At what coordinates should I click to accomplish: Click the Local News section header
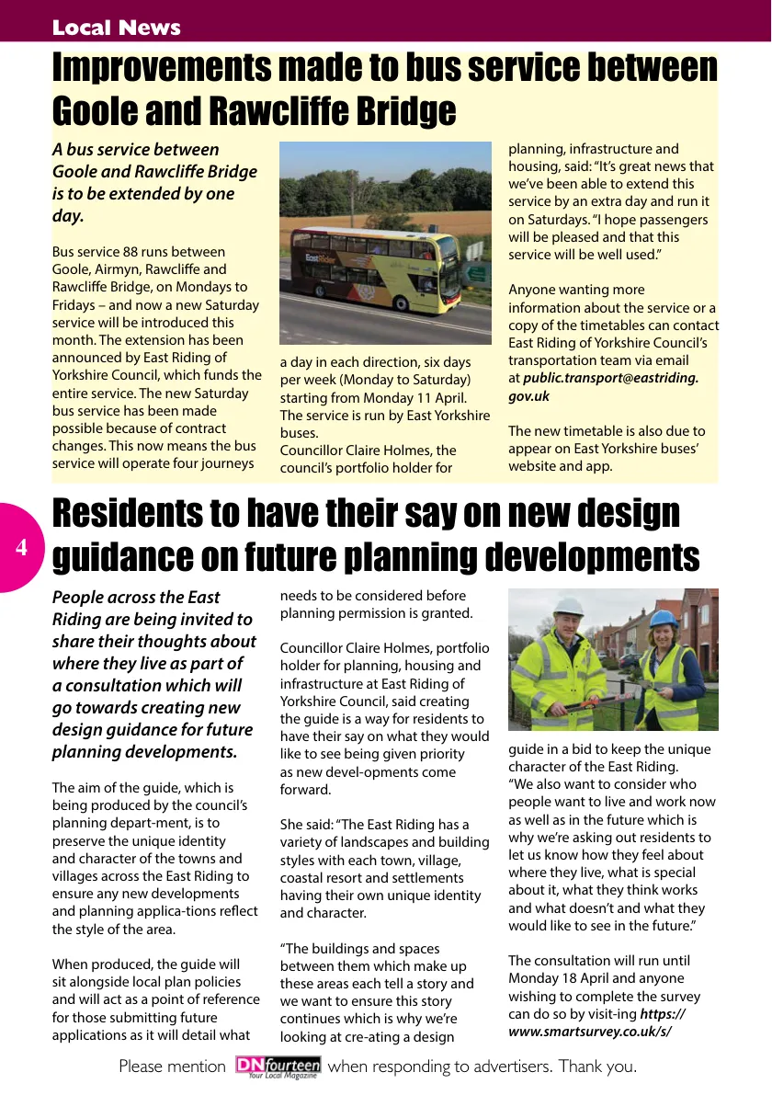(x=116, y=28)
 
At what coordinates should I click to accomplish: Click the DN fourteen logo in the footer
(x=278, y=1066)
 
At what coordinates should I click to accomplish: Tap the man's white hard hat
(x=569, y=607)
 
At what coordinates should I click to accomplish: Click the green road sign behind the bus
(x=478, y=273)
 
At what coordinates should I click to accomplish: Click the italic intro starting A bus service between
(x=153, y=182)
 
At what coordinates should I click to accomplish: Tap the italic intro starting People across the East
(x=153, y=674)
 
